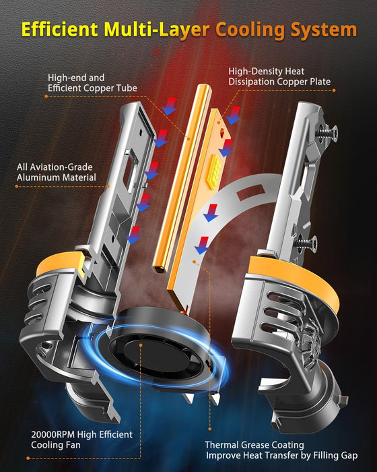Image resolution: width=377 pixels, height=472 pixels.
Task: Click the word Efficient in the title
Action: (60, 29)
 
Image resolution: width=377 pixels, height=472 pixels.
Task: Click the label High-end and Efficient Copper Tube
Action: (92, 83)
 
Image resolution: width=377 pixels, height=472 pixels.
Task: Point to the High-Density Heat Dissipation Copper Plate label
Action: (279, 76)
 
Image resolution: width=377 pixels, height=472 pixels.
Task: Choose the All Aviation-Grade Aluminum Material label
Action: (57, 172)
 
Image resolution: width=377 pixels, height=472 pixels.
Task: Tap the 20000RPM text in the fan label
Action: (53, 434)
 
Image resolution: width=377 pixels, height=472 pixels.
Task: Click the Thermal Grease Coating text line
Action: (254, 444)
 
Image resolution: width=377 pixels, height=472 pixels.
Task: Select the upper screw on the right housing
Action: (328, 132)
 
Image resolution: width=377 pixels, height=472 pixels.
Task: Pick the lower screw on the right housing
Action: (307, 242)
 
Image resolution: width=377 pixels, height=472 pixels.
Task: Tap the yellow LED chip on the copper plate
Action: (214, 171)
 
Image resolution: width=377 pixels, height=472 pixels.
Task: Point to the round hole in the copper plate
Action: (223, 131)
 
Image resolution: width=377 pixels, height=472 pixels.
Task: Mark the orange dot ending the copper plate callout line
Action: (334, 90)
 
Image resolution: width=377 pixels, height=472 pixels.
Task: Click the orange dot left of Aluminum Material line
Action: (17, 186)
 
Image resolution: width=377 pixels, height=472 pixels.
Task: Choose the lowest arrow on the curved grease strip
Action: (202, 245)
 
